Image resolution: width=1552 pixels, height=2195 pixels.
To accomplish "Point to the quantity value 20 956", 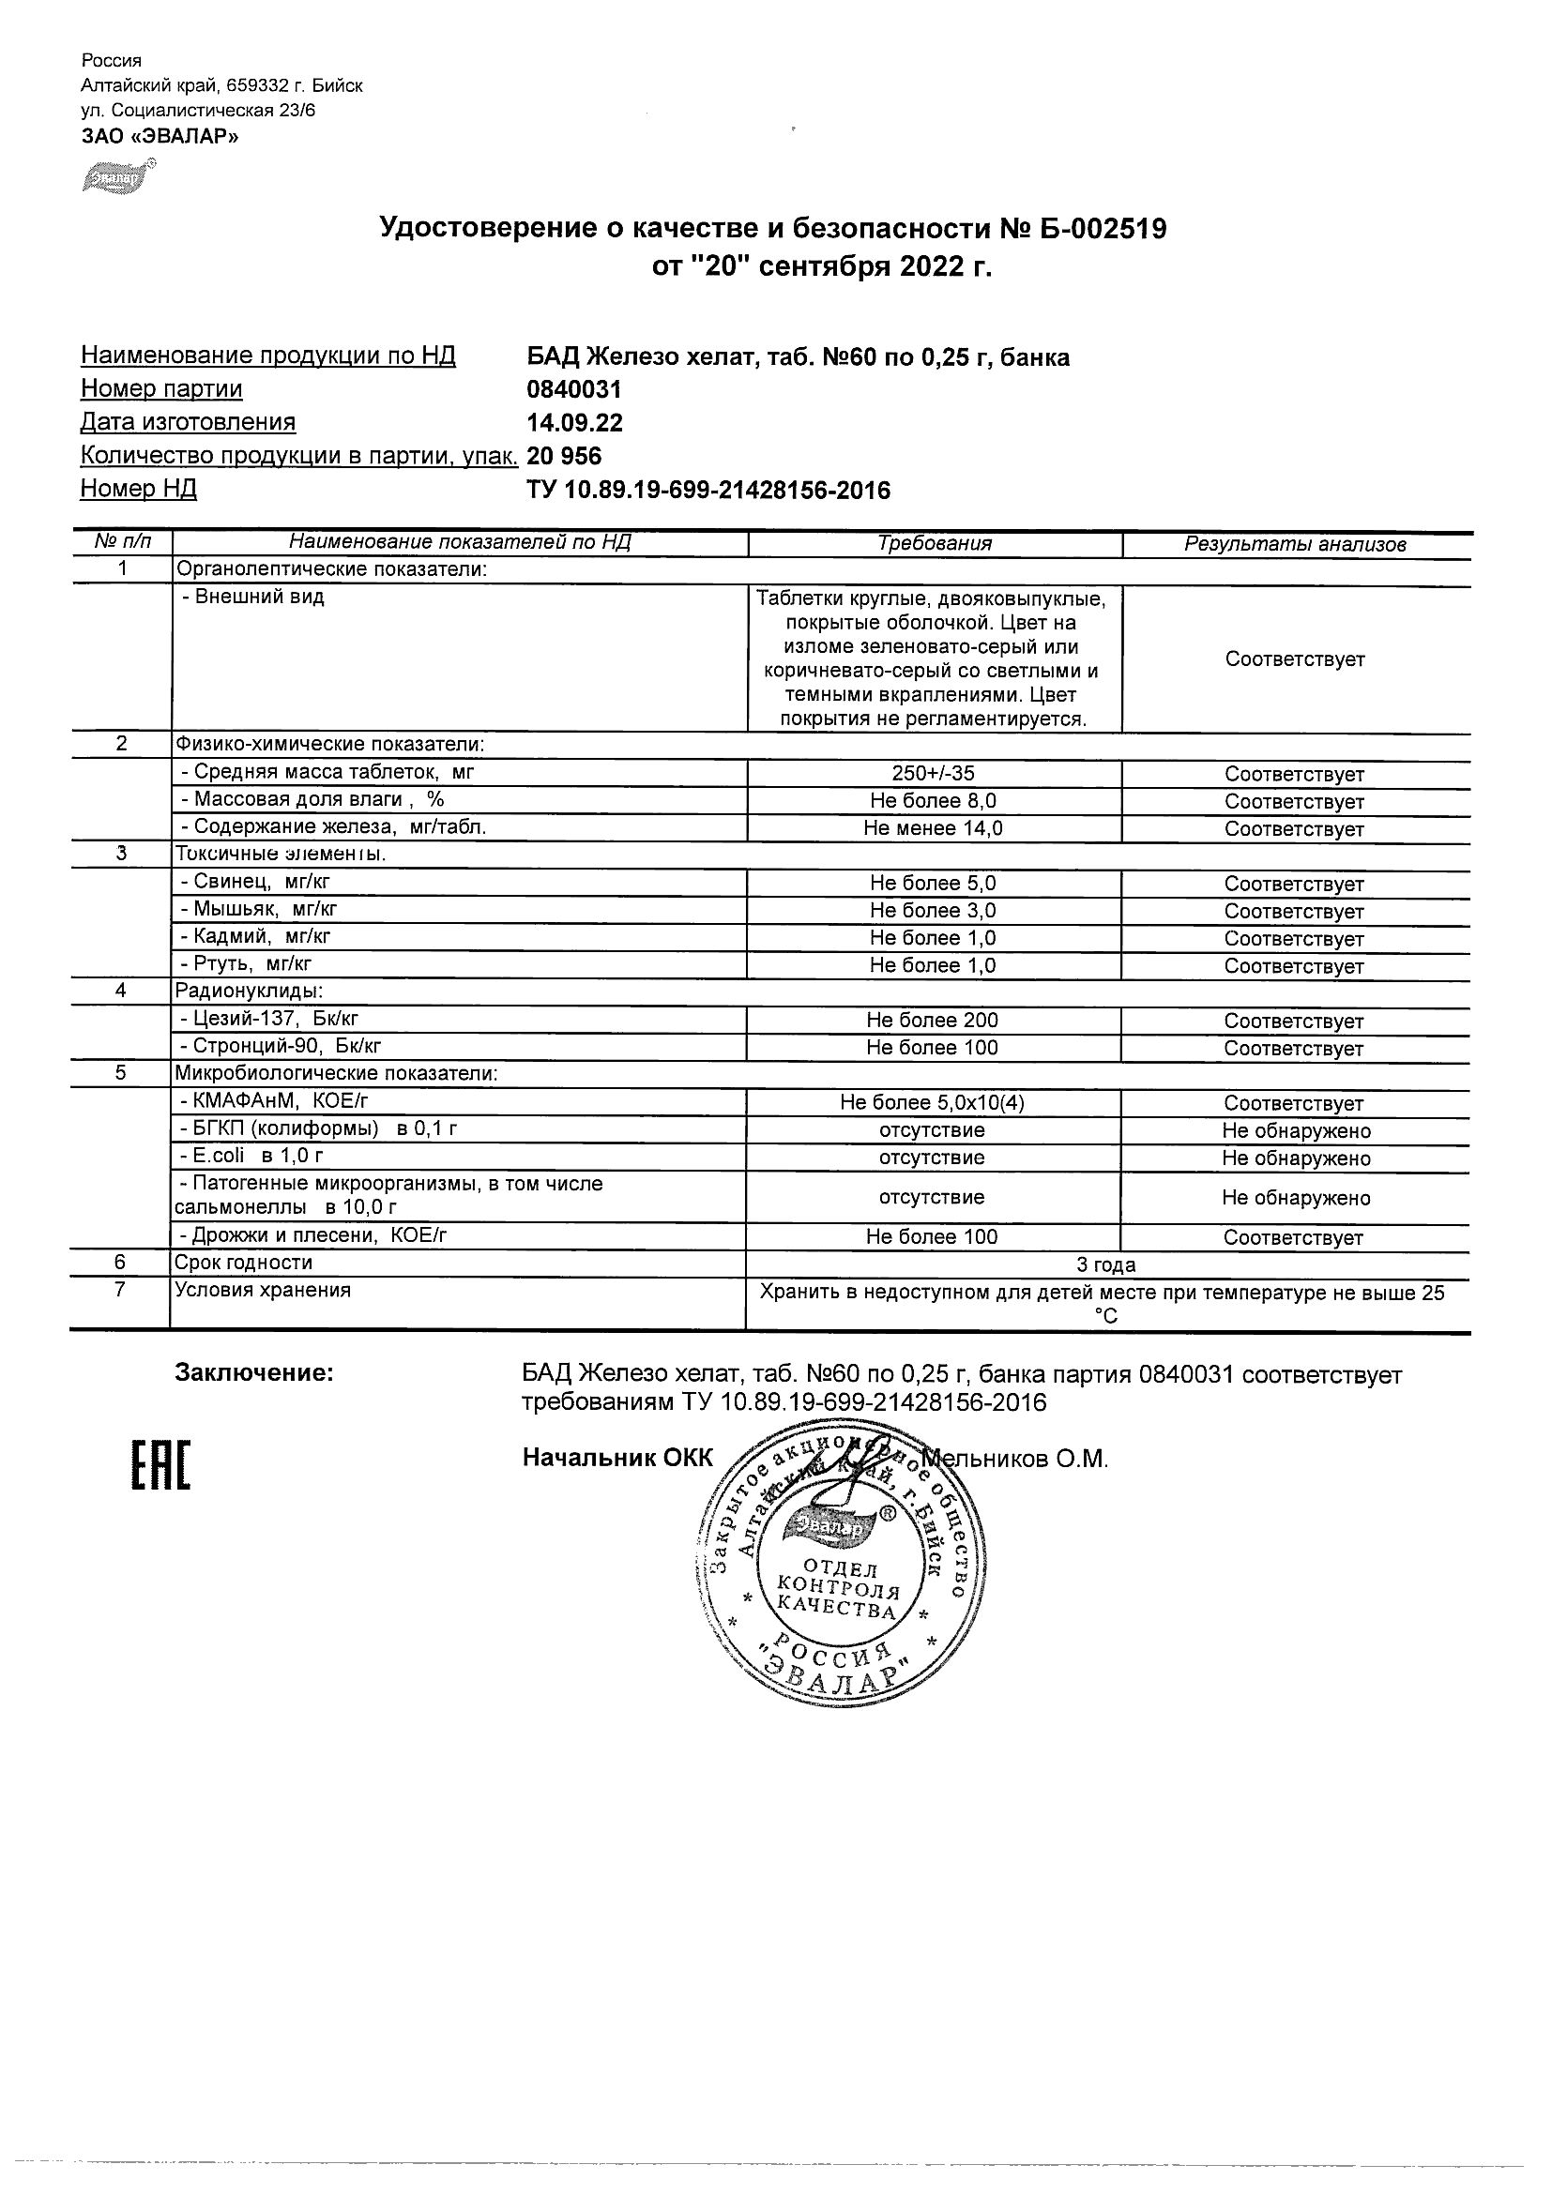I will (564, 456).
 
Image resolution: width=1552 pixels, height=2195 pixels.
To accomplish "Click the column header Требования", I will (935, 544).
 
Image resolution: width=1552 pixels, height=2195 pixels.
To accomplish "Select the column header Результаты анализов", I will (1295, 545).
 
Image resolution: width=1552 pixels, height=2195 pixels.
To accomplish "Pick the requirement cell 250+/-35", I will (933, 774).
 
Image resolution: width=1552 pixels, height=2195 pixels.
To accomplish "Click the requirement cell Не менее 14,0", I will (933, 828).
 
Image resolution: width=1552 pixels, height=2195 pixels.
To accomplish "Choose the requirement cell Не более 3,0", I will (933, 910).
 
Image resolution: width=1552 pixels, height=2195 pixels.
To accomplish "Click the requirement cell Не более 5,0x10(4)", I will (933, 1102).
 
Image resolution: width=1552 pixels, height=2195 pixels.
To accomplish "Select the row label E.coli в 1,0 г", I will (251, 1157).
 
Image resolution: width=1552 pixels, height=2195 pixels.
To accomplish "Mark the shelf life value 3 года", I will (1106, 1264).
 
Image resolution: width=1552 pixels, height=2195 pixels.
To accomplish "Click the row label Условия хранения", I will (262, 1291).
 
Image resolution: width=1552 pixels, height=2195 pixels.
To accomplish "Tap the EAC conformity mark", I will (160, 1464).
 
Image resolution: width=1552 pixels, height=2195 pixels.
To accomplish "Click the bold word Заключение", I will (254, 1374).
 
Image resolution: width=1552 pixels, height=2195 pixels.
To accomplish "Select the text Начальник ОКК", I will (617, 1458).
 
